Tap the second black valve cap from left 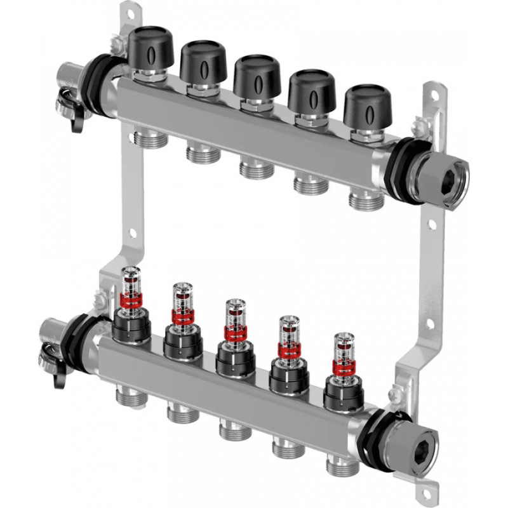pos(203,62)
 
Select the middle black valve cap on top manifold pos(257,76)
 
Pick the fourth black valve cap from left pos(312,90)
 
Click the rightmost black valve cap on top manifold pos(366,105)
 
